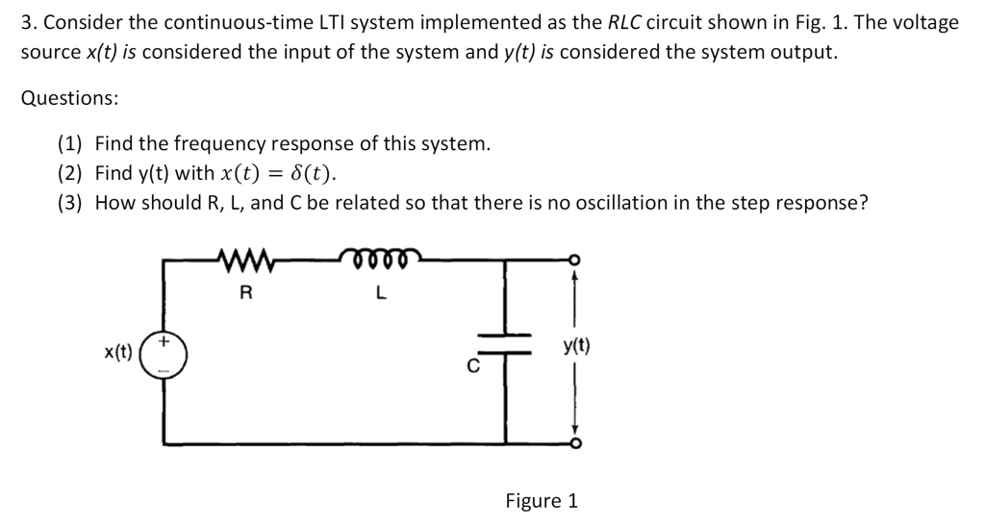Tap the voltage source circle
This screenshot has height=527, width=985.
164,353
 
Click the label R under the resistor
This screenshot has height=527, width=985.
246,294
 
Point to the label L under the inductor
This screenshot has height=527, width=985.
381,294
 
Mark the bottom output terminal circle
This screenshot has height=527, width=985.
575,443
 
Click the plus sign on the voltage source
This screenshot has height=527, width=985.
164,341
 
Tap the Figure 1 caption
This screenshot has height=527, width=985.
542,501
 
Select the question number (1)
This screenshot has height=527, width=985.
70,144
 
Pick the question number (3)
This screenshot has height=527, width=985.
70,203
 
